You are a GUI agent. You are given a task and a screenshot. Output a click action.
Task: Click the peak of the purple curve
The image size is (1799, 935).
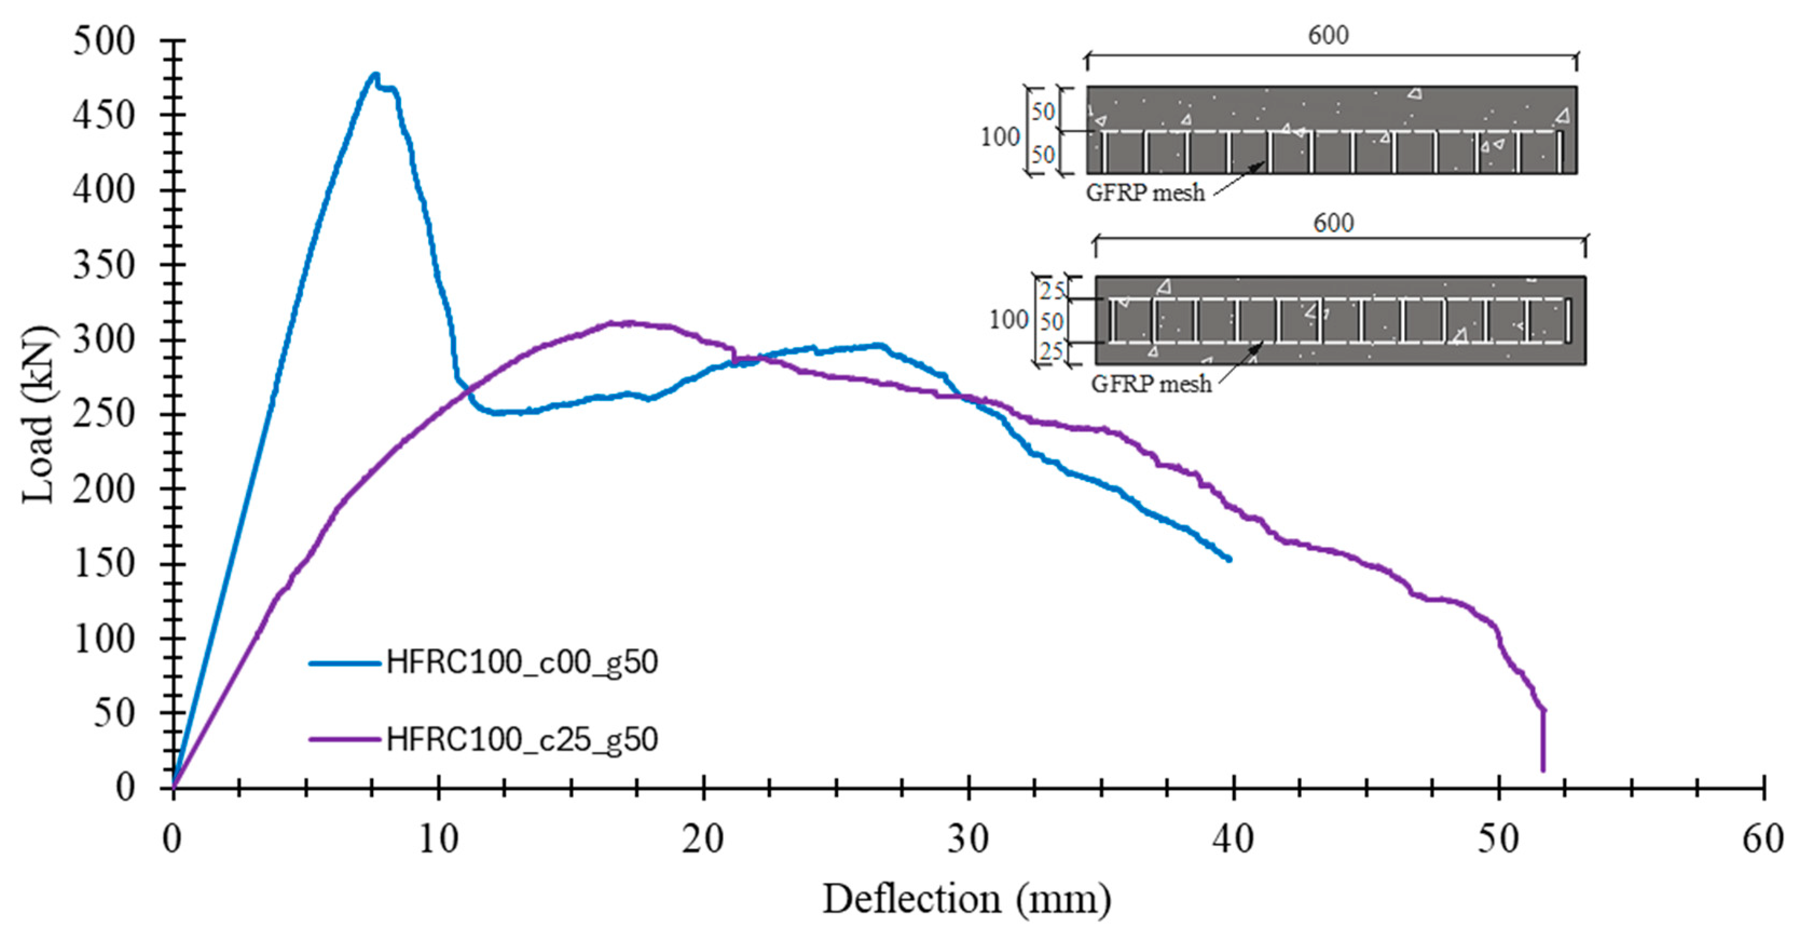point(615,322)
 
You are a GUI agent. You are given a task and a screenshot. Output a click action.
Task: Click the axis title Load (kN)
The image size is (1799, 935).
point(38,414)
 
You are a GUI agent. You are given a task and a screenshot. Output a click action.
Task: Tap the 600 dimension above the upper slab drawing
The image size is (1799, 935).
point(1328,35)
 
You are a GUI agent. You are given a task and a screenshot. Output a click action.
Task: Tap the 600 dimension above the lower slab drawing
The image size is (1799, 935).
point(1333,223)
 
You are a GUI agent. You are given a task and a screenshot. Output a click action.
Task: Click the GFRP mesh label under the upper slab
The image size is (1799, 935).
point(1145,192)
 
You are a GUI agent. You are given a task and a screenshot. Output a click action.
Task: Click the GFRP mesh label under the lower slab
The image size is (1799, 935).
point(1151,384)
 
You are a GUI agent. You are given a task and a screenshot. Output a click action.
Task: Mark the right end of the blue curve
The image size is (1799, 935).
point(1229,559)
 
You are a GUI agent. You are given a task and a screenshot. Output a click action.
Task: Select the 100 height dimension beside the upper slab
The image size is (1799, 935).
point(1000,137)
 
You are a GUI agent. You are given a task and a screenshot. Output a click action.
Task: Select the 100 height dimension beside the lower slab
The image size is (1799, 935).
point(1008,320)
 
